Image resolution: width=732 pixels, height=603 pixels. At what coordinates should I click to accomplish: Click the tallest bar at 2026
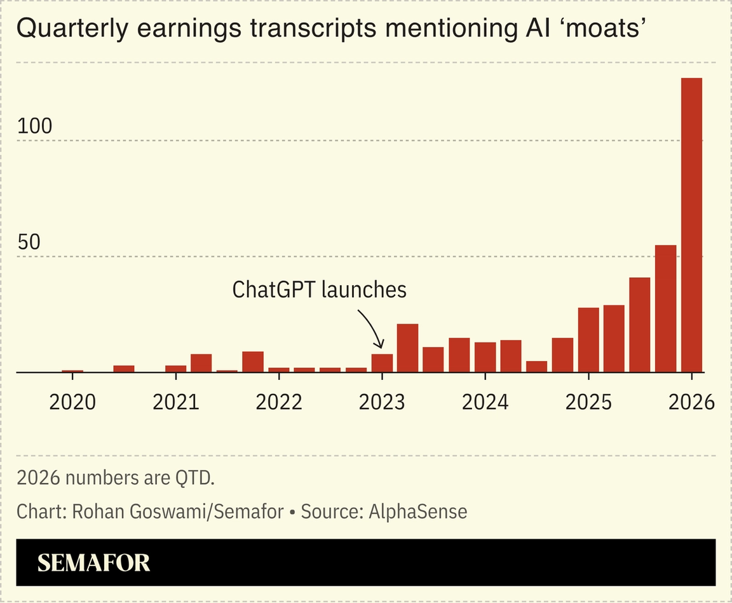pyautogui.click(x=691, y=225)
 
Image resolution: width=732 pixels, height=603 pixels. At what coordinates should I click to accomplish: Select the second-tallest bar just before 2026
pyautogui.click(x=665, y=309)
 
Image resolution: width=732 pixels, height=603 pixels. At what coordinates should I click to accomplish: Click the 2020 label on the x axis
pyautogui.click(x=72, y=402)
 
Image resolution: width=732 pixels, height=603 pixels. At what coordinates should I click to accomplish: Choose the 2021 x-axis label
pyautogui.click(x=175, y=402)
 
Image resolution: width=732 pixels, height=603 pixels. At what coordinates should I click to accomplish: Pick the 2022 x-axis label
pyautogui.click(x=278, y=402)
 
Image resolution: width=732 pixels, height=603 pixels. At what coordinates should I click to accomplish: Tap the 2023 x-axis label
pyautogui.click(x=381, y=402)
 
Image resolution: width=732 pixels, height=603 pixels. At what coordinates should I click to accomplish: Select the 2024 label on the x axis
pyautogui.click(x=485, y=402)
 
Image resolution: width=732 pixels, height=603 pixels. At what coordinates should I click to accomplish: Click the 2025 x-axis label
pyautogui.click(x=588, y=402)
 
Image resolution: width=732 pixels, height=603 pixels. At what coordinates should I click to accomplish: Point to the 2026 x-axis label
pyautogui.click(x=691, y=402)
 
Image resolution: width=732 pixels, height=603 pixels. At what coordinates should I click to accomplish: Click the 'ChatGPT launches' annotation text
pyautogui.click(x=319, y=290)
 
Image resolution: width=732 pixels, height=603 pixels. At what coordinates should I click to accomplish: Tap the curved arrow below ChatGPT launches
pyautogui.click(x=372, y=327)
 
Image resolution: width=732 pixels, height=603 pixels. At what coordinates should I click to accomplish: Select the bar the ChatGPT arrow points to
pyautogui.click(x=382, y=363)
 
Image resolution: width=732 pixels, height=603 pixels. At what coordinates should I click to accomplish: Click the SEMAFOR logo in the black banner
pyautogui.click(x=93, y=563)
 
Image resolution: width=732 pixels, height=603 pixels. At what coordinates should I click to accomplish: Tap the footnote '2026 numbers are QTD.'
pyautogui.click(x=116, y=477)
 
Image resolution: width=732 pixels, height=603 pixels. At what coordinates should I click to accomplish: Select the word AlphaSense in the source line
pyautogui.click(x=417, y=512)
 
